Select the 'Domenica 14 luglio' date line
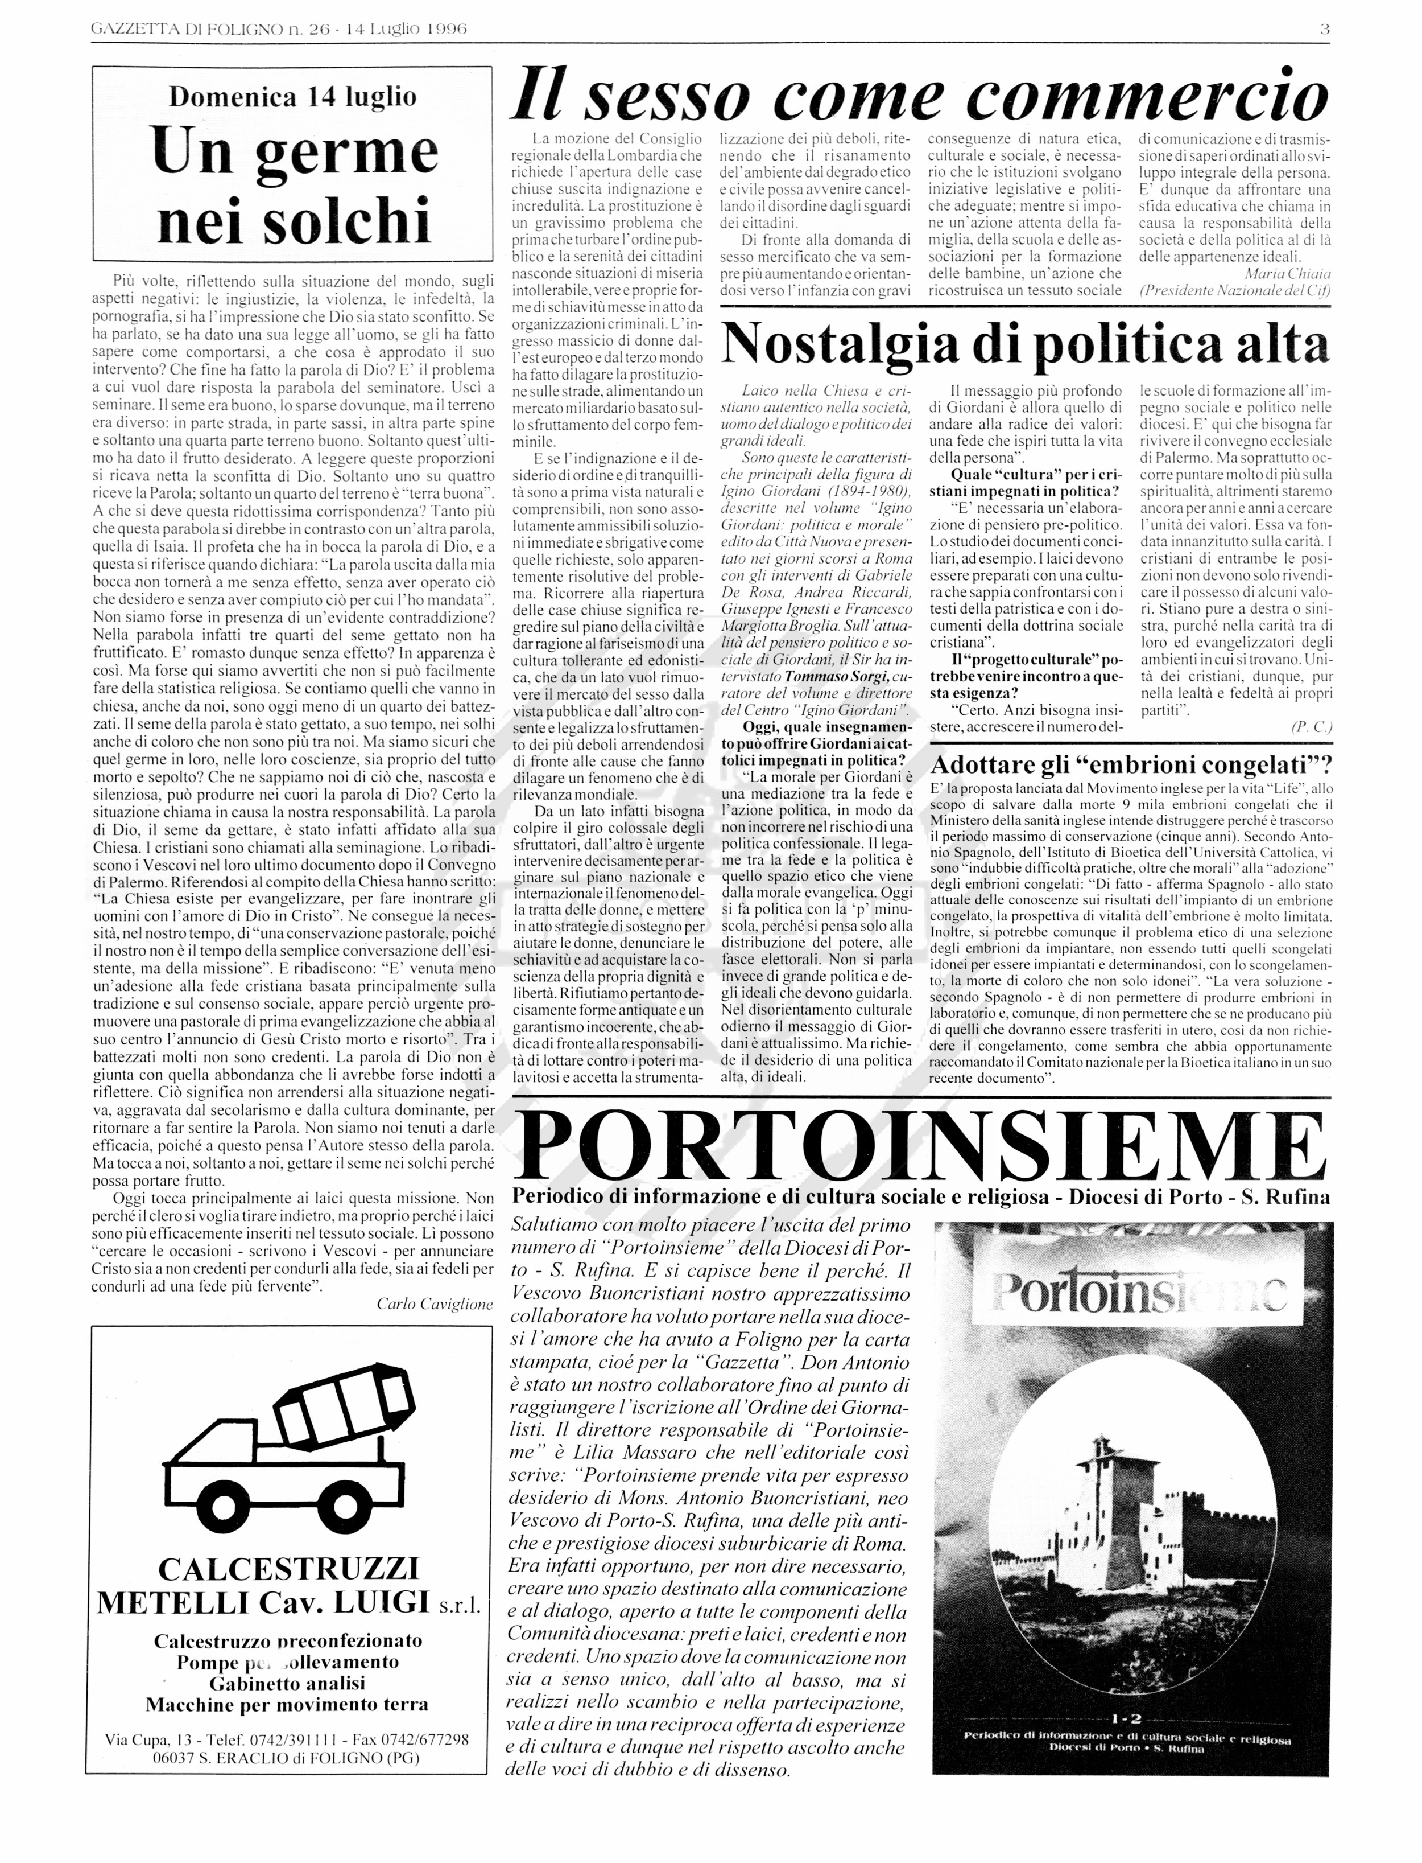point(293,97)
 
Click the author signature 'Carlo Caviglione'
point(434,1304)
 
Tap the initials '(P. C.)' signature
point(1311,726)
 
